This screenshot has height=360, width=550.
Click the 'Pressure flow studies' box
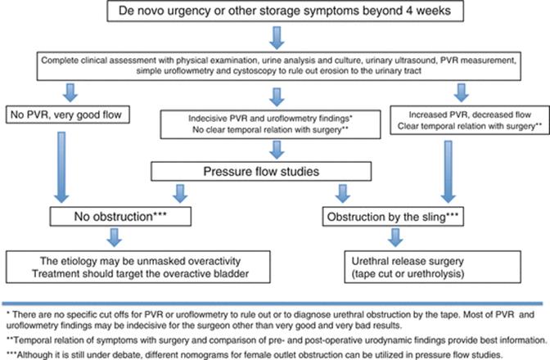(x=261, y=172)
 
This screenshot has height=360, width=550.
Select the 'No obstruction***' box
(x=120, y=216)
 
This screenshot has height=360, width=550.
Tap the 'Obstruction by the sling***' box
(x=393, y=217)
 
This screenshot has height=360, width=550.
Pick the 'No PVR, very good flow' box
(x=68, y=115)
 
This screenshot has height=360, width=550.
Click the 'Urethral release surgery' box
(x=432, y=267)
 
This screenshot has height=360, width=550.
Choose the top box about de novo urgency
(x=285, y=11)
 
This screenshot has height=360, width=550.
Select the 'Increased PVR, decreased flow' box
(x=470, y=120)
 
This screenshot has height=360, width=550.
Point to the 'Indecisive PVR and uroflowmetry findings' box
(x=270, y=124)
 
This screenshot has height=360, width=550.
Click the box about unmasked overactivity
(x=138, y=267)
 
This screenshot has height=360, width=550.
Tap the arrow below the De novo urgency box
(x=277, y=38)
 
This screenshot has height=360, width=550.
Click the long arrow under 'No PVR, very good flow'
(x=61, y=167)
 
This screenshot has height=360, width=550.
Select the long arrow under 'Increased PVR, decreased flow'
(x=449, y=172)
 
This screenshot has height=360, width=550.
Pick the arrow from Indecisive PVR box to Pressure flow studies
(x=277, y=150)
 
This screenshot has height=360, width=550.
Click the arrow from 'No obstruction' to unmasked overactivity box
(x=114, y=237)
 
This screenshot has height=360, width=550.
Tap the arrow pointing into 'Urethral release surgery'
(x=395, y=237)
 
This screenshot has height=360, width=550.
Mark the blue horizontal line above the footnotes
(x=273, y=304)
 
